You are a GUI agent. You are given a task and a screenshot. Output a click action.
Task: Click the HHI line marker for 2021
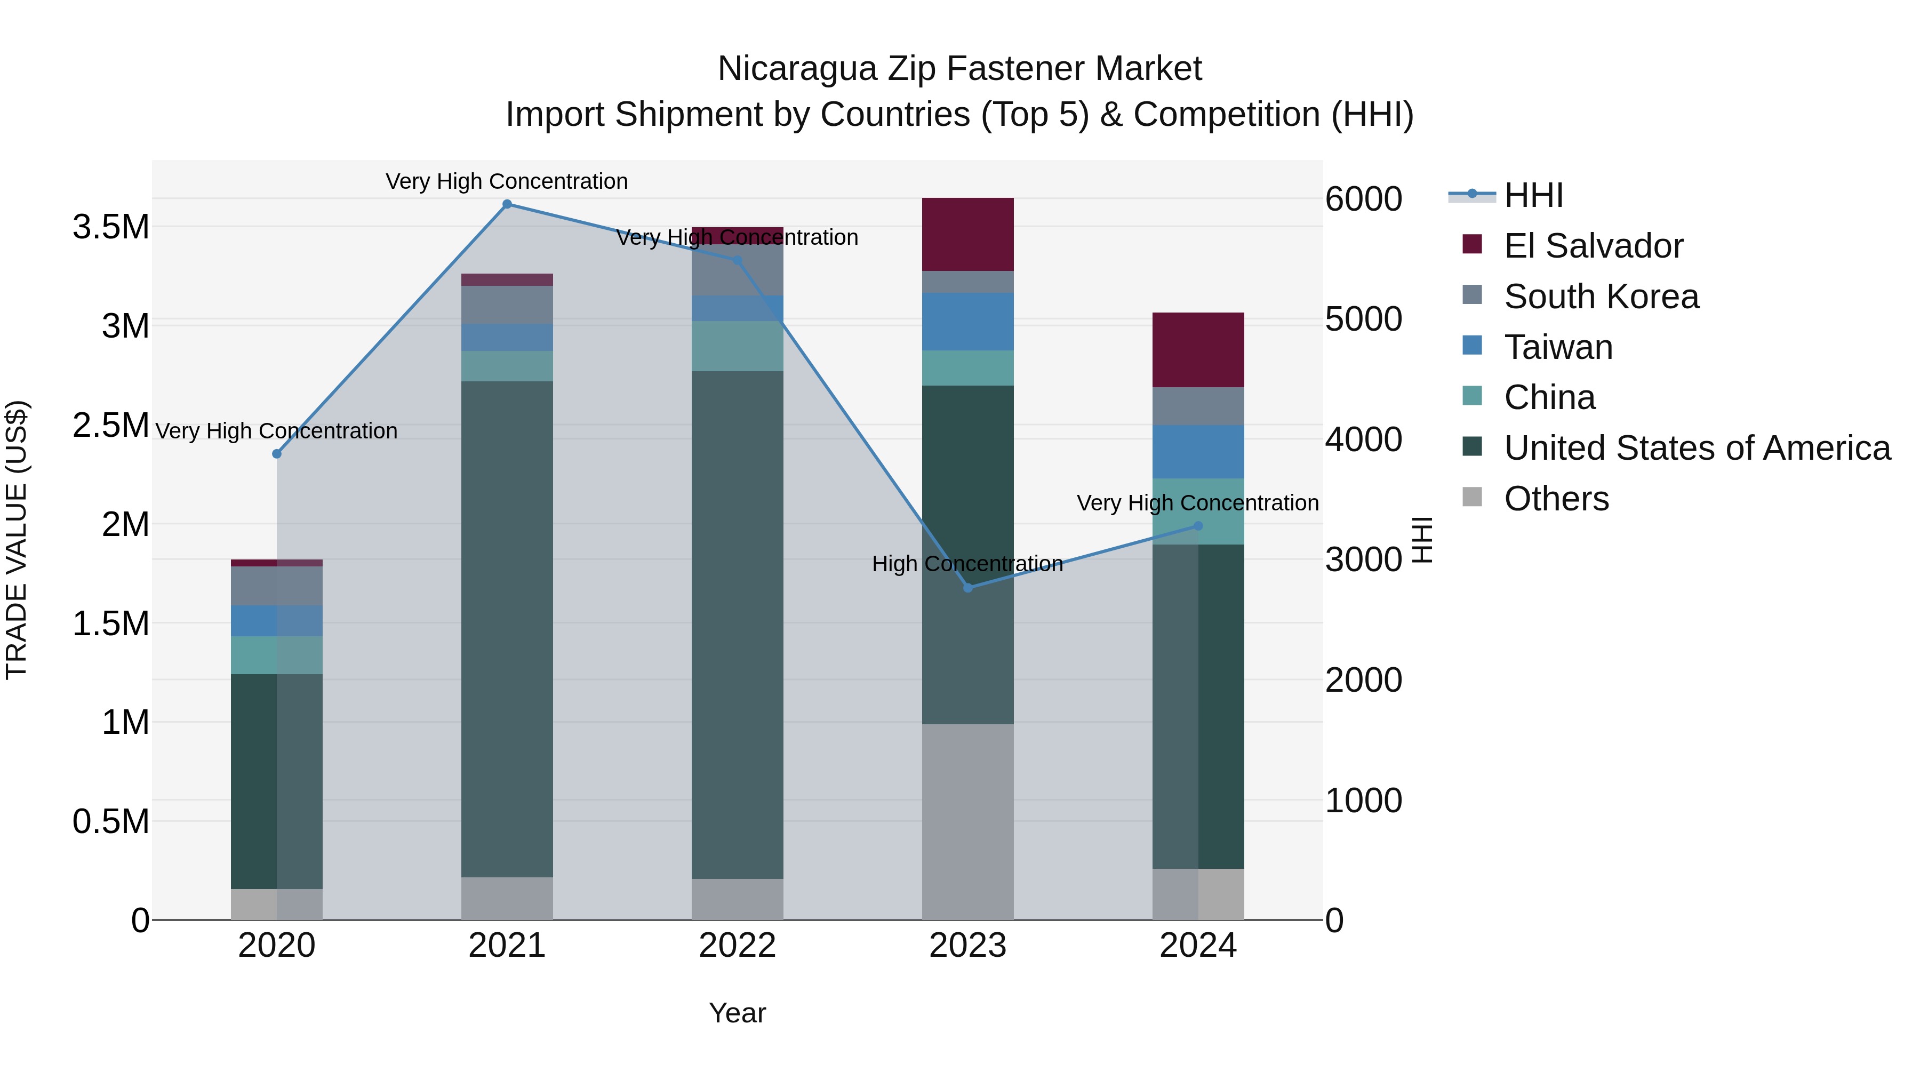click(x=507, y=204)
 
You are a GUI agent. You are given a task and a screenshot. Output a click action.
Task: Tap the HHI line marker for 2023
click(x=967, y=588)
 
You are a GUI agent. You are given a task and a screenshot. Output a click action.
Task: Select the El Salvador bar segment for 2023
click(x=967, y=234)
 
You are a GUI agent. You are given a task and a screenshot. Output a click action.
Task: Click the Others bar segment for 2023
click(x=967, y=821)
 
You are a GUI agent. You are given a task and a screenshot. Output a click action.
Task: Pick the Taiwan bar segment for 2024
click(x=1198, y=452)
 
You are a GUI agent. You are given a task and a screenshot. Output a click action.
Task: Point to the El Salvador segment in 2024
click(x=1198, y=349)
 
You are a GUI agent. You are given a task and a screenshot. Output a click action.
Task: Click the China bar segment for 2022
click(x=737, y=346)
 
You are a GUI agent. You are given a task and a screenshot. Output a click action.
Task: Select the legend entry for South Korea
click(x=1601, y=297)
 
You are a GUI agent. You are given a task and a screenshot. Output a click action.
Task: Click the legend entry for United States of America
click(x=1697, y=448)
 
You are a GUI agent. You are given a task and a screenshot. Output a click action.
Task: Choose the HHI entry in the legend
click(x=1533, y=195)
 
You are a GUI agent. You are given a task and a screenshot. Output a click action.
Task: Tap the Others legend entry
click(x=1556, y=499)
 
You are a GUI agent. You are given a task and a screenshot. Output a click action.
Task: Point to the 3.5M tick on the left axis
click(x=111, y=227)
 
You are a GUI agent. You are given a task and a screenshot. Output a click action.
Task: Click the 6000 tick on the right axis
click(x=1363, y=199)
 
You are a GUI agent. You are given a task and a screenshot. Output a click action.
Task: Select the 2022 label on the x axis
click(x=737, y=946)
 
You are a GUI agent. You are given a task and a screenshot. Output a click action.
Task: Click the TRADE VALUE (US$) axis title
click(x=17, y=540)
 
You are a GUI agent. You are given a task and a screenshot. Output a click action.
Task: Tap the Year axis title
click(x=737, y=1013)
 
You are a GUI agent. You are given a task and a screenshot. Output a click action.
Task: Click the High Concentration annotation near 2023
click(x=967, y=564)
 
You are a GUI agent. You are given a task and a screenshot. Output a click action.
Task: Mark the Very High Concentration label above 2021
click(x=507, y=181)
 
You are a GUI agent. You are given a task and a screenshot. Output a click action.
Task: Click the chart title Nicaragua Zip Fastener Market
click(x=959, y=69)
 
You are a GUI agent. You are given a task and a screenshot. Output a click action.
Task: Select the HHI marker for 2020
click(x=276, y=454)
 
